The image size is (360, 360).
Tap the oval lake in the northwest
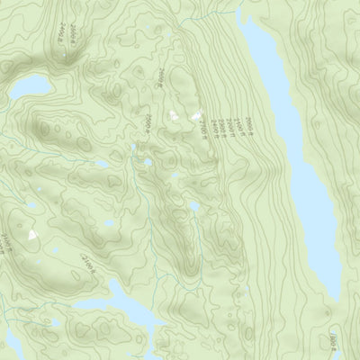[x=31, y=87]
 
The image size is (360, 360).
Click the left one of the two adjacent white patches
[x=174, y=114]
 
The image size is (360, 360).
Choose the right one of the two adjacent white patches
[x=193, y=116]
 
